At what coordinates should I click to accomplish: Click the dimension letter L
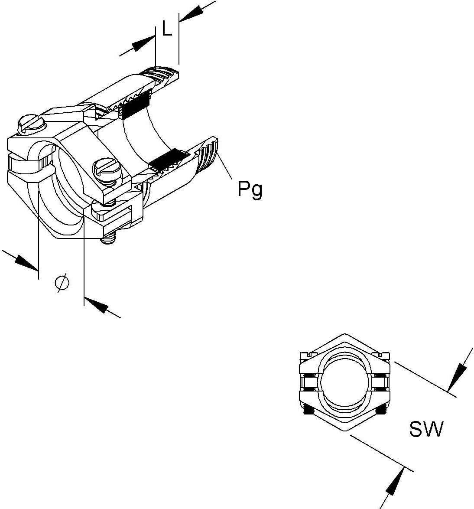pos(167,29)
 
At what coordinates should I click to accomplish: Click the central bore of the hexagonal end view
pos(345,382)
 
